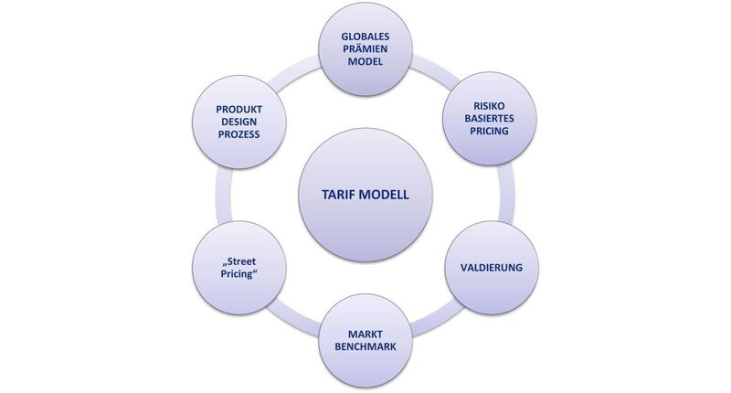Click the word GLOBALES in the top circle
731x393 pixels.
tap(365, 37)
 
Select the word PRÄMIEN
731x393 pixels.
tap(365, 49)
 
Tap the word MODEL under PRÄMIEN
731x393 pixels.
tap(365, 61)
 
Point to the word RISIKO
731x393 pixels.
tap(489, 106)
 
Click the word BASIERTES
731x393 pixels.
tap(489, 119)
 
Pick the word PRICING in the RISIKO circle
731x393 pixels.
tap(489, 131)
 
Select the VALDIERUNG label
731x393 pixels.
tap(492, 268)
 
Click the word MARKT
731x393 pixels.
tap(365, 335)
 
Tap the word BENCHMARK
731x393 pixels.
tap(365, 347)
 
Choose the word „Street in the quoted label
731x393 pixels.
tap(238, 261)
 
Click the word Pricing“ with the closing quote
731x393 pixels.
tap(238, 274)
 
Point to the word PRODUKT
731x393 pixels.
tap(238, 110)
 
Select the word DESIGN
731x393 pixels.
tap(238, 122)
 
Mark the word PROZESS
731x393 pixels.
tap(238, 134)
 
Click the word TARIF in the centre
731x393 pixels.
tap(337, 195)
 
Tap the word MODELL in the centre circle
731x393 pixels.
tap(383, 195)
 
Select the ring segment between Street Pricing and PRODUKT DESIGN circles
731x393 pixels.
tap(223, 195)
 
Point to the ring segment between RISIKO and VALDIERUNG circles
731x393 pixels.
tap(506, 194)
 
